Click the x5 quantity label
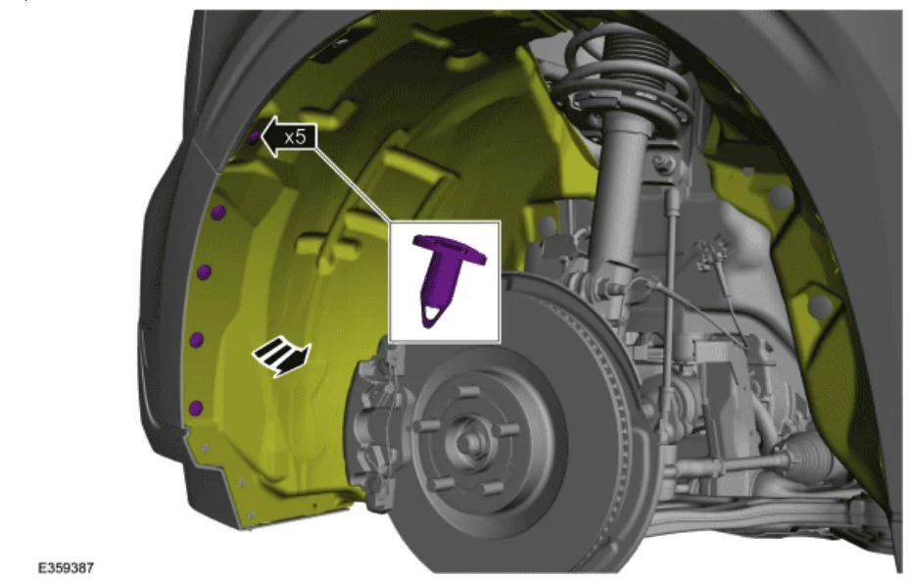tap(295, 137)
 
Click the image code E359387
tap(66, 568)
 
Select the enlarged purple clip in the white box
tap(448, 279)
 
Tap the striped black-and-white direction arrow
tap(282, 356)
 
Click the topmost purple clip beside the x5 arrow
tap(254, 138)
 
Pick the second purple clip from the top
tap(217, 213)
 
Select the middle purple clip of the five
tap(204, 271)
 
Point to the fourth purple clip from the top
tap(197, 340)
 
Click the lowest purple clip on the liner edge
tap(196, 408)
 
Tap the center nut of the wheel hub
tap(466, 442)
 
